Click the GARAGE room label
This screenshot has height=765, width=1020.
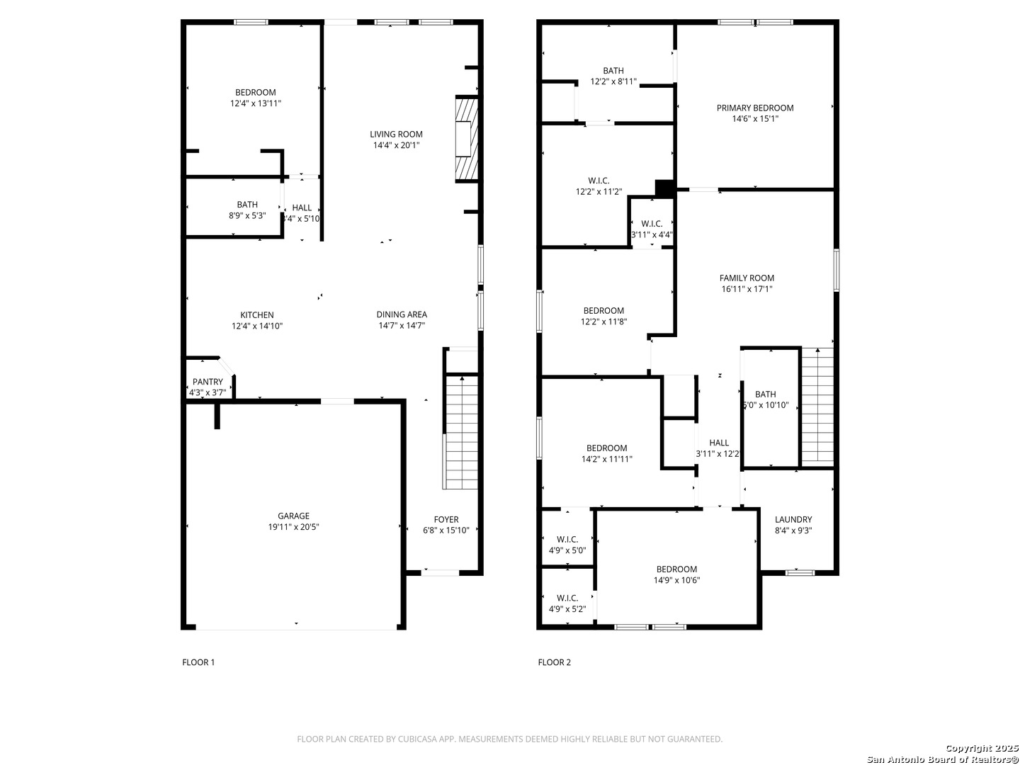tap(293, 516)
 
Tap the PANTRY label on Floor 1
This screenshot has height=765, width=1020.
tap(208, 382)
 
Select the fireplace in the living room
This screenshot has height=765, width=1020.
tap(466, 139)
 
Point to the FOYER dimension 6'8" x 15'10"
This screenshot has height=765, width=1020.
tap(446, 531)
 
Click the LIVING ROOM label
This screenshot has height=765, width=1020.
tap(397, 135)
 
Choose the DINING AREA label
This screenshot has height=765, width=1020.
tap(402, 314)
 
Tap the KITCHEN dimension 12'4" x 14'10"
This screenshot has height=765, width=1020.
tap(257, 326)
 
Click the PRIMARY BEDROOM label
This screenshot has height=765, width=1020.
tap(755, 108)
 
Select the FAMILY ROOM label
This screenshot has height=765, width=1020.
tap(747, 278)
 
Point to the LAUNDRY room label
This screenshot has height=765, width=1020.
tap(793, 519)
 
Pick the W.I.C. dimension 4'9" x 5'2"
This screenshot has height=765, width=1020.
tap(567, 609)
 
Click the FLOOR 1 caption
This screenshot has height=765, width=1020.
tap(198, 662)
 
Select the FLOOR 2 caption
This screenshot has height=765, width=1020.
tap(555, 662)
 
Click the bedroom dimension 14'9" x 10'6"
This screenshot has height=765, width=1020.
tap(676, 580)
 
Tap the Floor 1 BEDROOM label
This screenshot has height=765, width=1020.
tap(255, 92)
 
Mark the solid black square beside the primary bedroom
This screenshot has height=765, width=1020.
tap(665, 188)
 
